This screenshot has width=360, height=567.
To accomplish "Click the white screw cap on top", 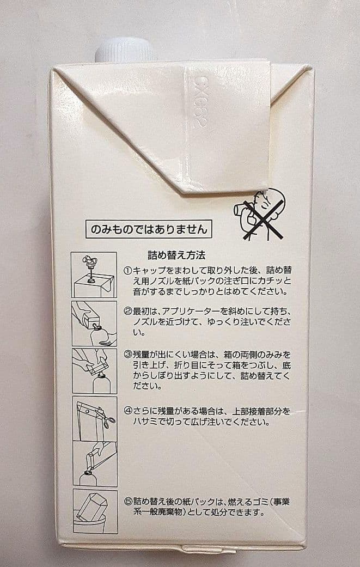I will pos(125,50).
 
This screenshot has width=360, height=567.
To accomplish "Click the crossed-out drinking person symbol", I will pos(260,214).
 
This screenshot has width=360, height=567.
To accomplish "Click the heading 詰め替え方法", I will pos(176,254).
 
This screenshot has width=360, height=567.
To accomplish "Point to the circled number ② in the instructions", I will pos(127,311).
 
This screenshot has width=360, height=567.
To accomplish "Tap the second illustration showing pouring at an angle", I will pos(94,324).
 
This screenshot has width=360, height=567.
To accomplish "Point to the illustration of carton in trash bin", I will pos(94,511).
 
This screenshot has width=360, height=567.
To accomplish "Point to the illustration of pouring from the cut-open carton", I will pos(94,463).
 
